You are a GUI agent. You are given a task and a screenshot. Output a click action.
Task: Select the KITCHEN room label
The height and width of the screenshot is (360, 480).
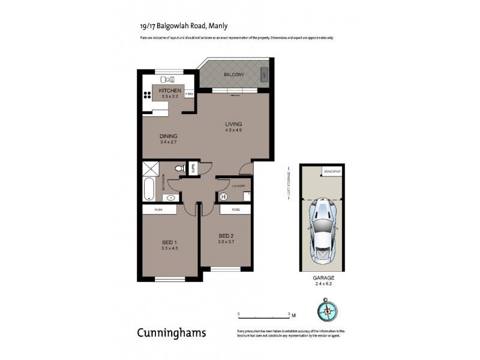point(170,90)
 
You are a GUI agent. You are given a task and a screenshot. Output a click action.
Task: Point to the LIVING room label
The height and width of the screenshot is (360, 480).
point(233,124)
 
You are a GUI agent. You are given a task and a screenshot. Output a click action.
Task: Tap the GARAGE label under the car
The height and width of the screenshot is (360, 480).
point(322,278)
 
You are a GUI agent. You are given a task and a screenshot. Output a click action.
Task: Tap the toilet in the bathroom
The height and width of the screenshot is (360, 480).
point(178,170)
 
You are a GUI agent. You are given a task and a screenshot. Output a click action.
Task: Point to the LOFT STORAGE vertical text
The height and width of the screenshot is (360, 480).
point(289,182)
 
